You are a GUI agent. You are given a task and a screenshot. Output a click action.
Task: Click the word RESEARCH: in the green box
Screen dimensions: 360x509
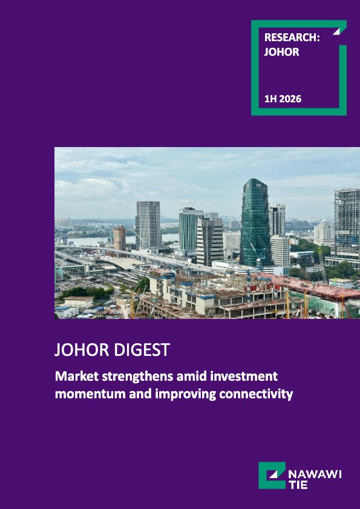click(292, 38)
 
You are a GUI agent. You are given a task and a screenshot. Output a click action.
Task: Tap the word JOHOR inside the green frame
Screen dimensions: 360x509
click(281, 52)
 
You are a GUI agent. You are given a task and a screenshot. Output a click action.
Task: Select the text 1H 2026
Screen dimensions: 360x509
click(283, 99)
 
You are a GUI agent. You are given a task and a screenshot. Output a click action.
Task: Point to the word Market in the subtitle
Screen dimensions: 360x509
click(73, 376)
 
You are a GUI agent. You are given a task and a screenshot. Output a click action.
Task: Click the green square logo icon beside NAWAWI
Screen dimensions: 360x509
click(272, 475)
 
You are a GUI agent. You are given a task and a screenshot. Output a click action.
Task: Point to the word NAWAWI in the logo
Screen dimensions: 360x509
click(315, 475)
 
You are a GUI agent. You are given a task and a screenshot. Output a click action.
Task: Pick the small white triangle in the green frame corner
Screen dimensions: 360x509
click(336, 31)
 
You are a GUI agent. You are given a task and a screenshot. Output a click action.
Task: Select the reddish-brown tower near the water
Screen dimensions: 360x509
click(119, 238)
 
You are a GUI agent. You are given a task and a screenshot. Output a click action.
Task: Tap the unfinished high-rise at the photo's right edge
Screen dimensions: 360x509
click(347, 224)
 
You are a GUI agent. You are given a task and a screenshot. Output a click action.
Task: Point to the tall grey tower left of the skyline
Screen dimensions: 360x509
click(148, 225)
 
